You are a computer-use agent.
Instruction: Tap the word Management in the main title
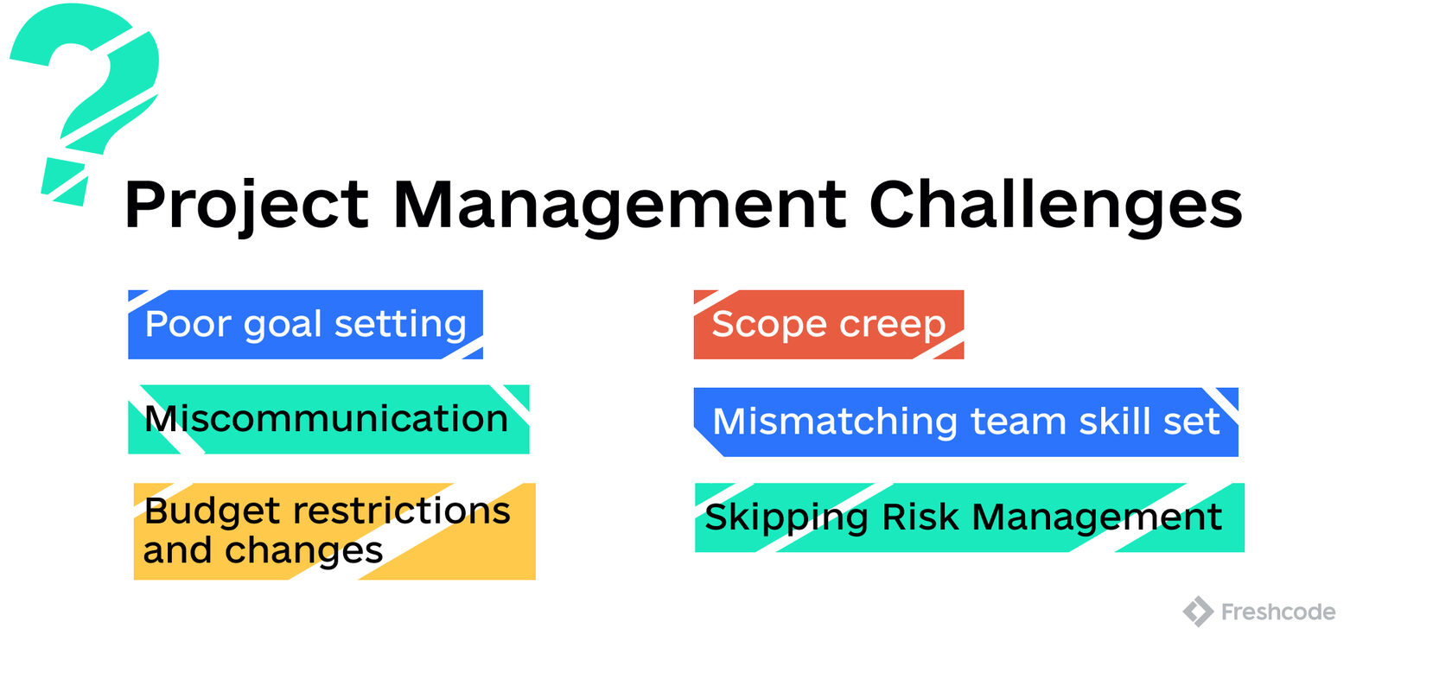(620, 206)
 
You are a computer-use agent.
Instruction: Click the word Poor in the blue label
(188, 325)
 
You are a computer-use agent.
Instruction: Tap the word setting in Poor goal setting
(400, 325)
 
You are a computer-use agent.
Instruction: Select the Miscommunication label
(327, 419)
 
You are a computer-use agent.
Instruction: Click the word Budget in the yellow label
(213, 511)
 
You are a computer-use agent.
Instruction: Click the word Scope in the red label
(769, 325)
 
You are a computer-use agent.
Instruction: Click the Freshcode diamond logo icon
(1198, 612)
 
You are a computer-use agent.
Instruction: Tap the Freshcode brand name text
(1277, 612)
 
